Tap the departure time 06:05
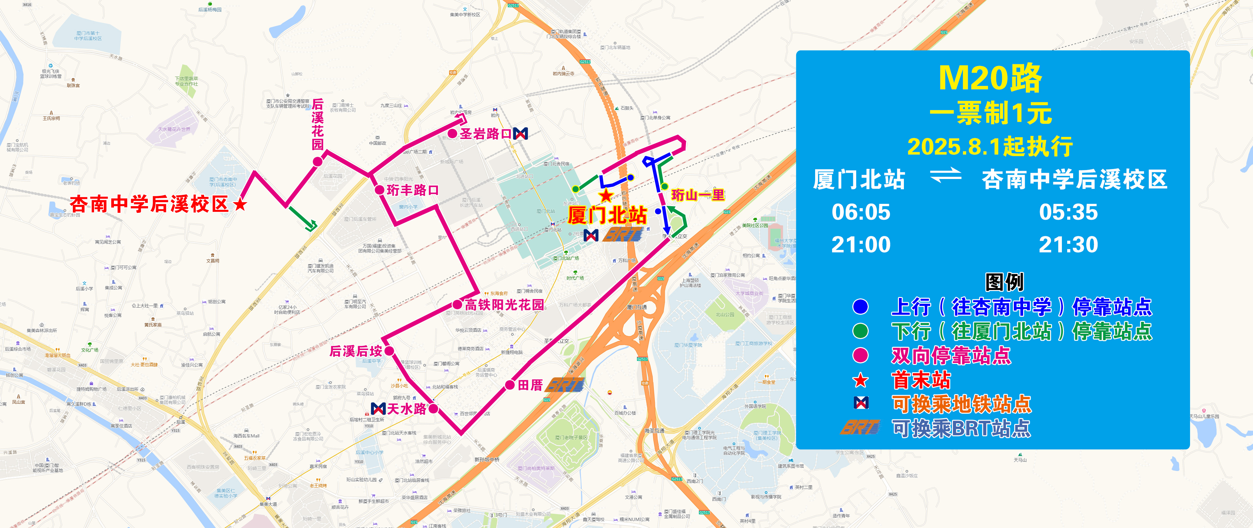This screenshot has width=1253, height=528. [x=861, y=212]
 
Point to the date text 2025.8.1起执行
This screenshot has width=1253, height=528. [x=990, y=147]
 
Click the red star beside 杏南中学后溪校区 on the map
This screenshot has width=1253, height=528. [x=240, y=205]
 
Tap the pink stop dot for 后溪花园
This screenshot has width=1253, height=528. [x=317, y=161]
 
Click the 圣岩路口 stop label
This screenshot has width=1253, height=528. [x=486, y=134]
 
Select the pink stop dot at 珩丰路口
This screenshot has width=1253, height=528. [x=379, y=190]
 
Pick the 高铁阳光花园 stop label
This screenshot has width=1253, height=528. [x=504, y=305]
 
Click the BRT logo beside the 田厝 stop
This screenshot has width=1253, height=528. [x=565, y=385]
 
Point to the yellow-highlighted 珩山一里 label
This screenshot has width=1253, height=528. [x=698, y=195]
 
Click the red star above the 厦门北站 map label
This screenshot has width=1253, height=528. [x=606, y=196]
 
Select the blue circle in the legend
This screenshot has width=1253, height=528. [x=860, y=307]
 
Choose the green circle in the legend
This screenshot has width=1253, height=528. [x=860, y=331]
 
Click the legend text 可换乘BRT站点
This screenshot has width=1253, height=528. [x=961, y=428]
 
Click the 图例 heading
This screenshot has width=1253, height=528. [x=1005, y=282]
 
